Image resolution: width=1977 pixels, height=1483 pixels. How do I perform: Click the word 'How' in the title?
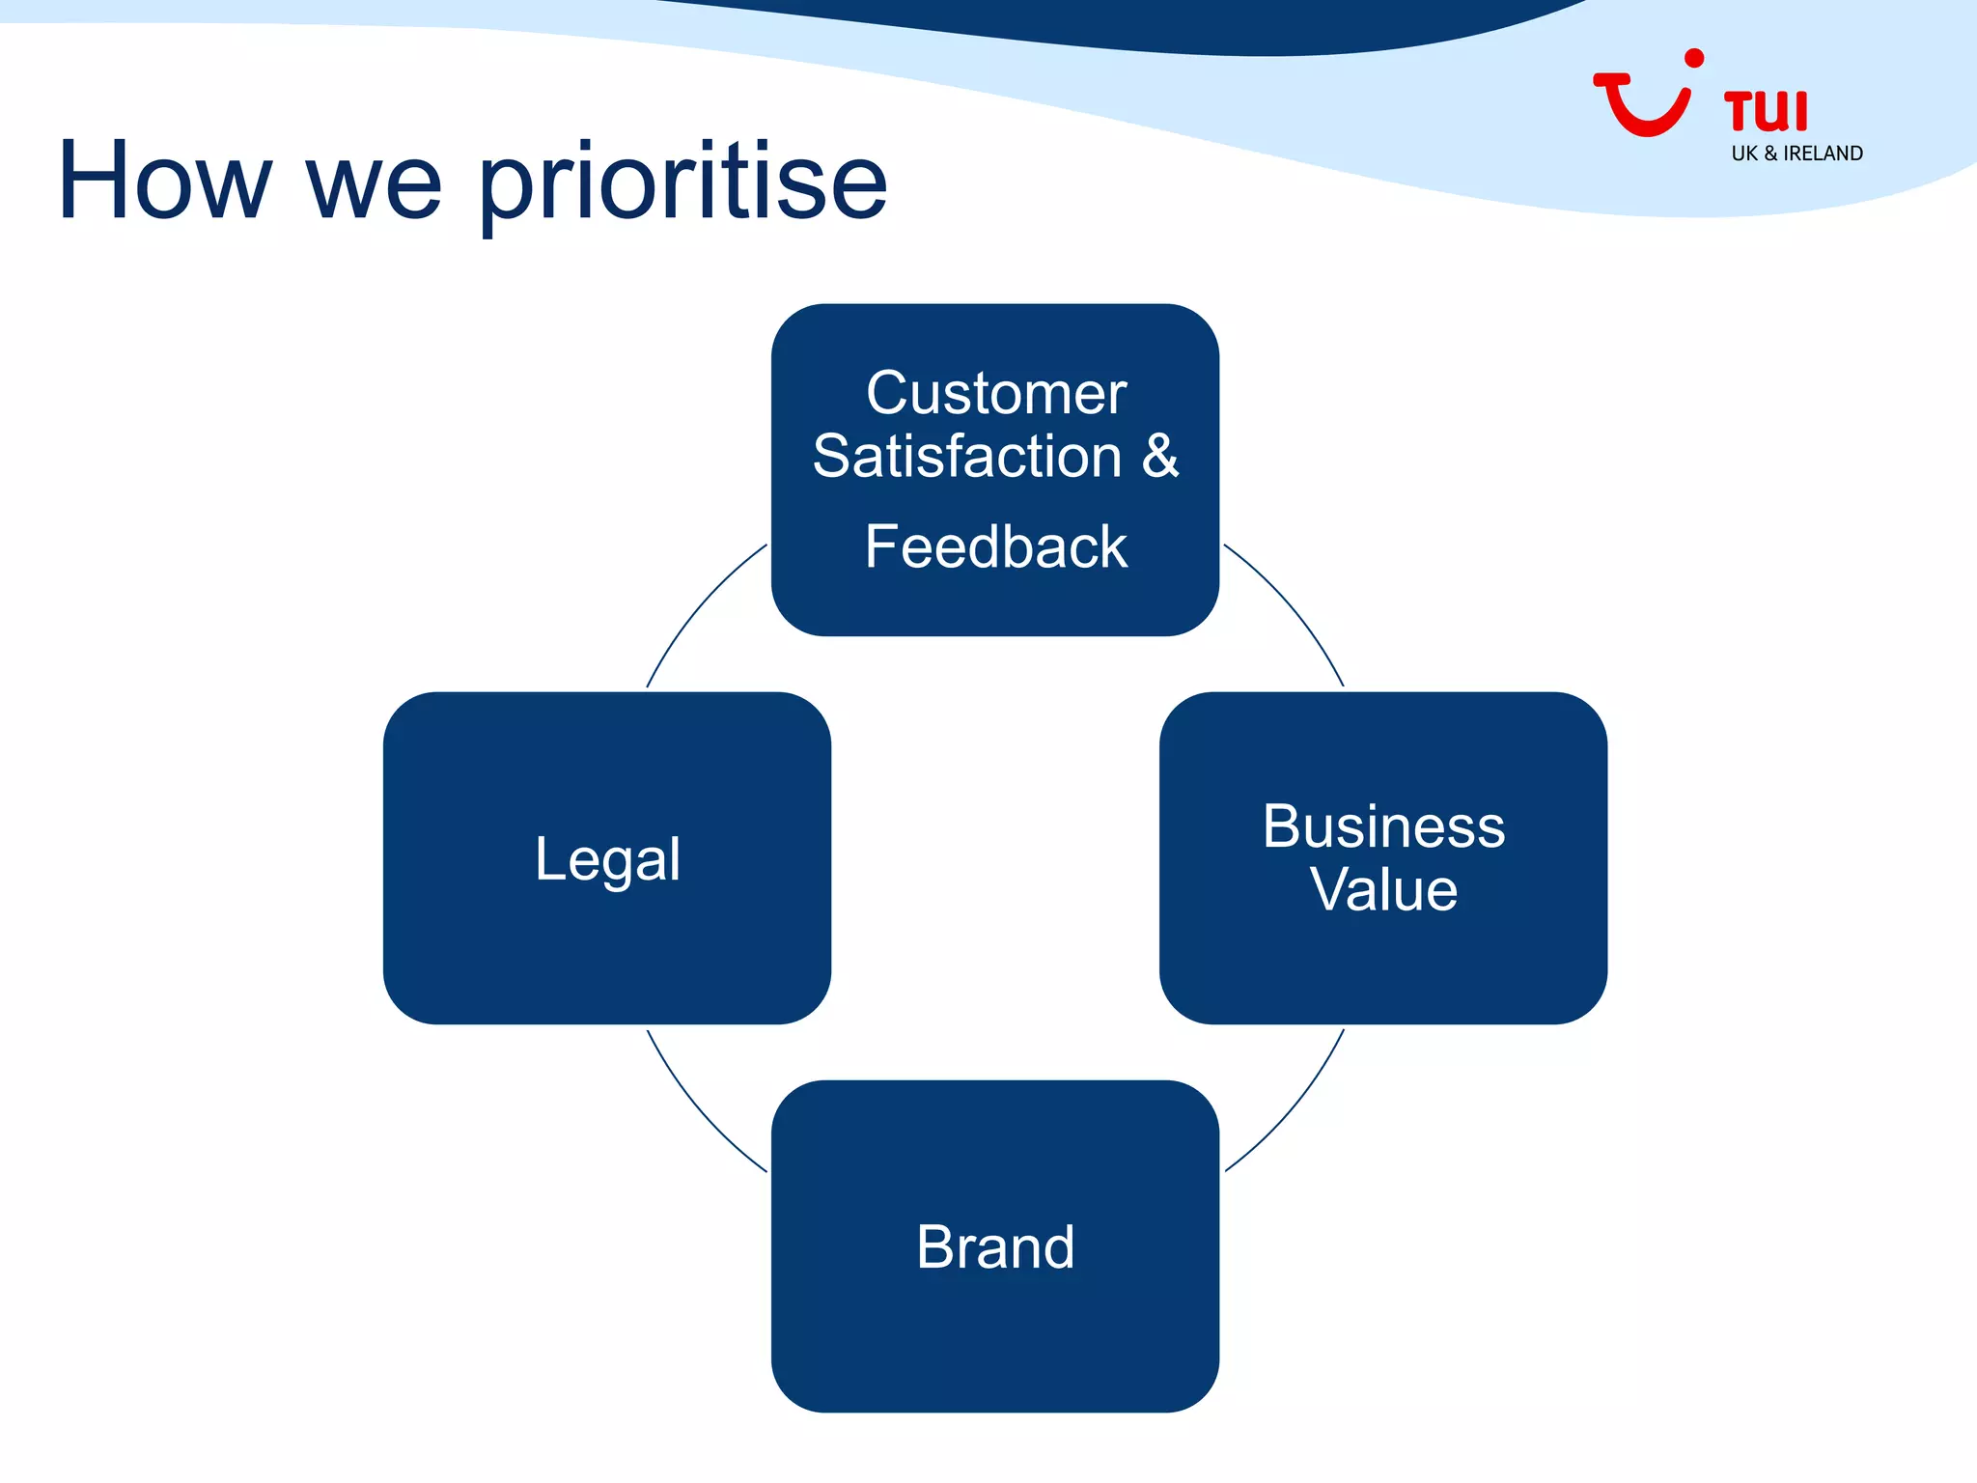pyautogui.click(x=164, y=182)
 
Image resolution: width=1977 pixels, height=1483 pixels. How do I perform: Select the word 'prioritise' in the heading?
pyautogui.click(x=682, y=183)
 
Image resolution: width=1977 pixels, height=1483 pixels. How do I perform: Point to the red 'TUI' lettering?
pyautogui.click(x=1766, y=111)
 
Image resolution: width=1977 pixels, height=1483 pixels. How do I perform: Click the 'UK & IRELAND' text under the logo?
pyautogui.click(x=1796, y=154)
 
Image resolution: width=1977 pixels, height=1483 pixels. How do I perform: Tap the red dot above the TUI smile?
pyautogui.click(x=1693, y=59)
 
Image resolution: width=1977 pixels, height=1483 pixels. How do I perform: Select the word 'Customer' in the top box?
pyautogui.click(x=995, y=393)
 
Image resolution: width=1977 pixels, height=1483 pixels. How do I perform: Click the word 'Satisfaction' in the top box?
pyautogui.click(x=967, y=457)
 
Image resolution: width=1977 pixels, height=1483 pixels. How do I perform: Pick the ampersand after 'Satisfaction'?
pyautogui.click(x=1160, y=456)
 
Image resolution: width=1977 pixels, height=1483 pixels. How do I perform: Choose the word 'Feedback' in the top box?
pyautogui.click(x=995, y=546)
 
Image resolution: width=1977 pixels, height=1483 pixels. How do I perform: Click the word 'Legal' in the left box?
pyautogui.click(x=607, y=858)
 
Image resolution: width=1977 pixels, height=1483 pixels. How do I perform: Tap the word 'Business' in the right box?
pyautogui.click(x=1383, y=826)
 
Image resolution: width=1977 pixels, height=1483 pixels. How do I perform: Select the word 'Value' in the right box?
pyautogui.click(x=1383, y=889)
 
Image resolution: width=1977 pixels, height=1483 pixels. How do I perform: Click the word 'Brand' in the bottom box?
pyautogui.click(x=995, y=1246)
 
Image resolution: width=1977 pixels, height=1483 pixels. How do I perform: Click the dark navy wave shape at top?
pyautogui.click(x=1158, y=24)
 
